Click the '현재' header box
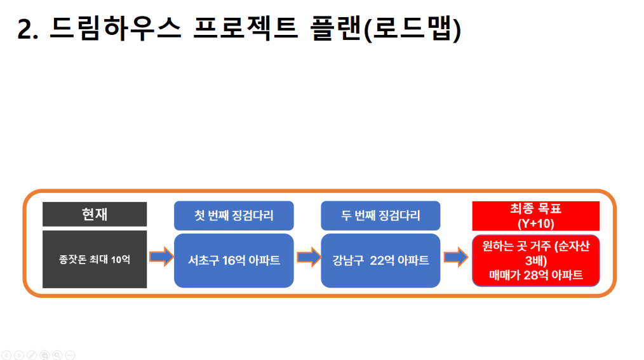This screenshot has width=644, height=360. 95,214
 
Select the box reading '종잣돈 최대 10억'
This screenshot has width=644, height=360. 95,259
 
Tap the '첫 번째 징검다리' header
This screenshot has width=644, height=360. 234,215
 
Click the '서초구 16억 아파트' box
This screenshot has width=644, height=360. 234,260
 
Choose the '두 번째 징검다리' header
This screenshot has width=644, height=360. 380,215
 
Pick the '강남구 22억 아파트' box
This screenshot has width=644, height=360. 380,260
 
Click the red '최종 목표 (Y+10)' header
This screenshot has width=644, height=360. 535,216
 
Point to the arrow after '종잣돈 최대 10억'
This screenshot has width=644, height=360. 161,257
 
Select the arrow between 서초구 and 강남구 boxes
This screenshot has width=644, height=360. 309,257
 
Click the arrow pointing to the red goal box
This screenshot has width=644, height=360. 456,257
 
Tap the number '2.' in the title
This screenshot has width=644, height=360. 28,30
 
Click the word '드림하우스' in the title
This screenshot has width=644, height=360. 116,29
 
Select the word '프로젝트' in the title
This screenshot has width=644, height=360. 246,29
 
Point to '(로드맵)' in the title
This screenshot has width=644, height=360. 413,29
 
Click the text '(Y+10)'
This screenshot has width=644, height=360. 535,223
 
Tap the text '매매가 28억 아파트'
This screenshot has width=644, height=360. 535,275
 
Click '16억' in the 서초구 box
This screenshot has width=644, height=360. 234,260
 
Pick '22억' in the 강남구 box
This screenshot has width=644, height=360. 382,260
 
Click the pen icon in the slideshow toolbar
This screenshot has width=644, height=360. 32,355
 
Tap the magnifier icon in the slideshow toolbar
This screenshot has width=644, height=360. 58,355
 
